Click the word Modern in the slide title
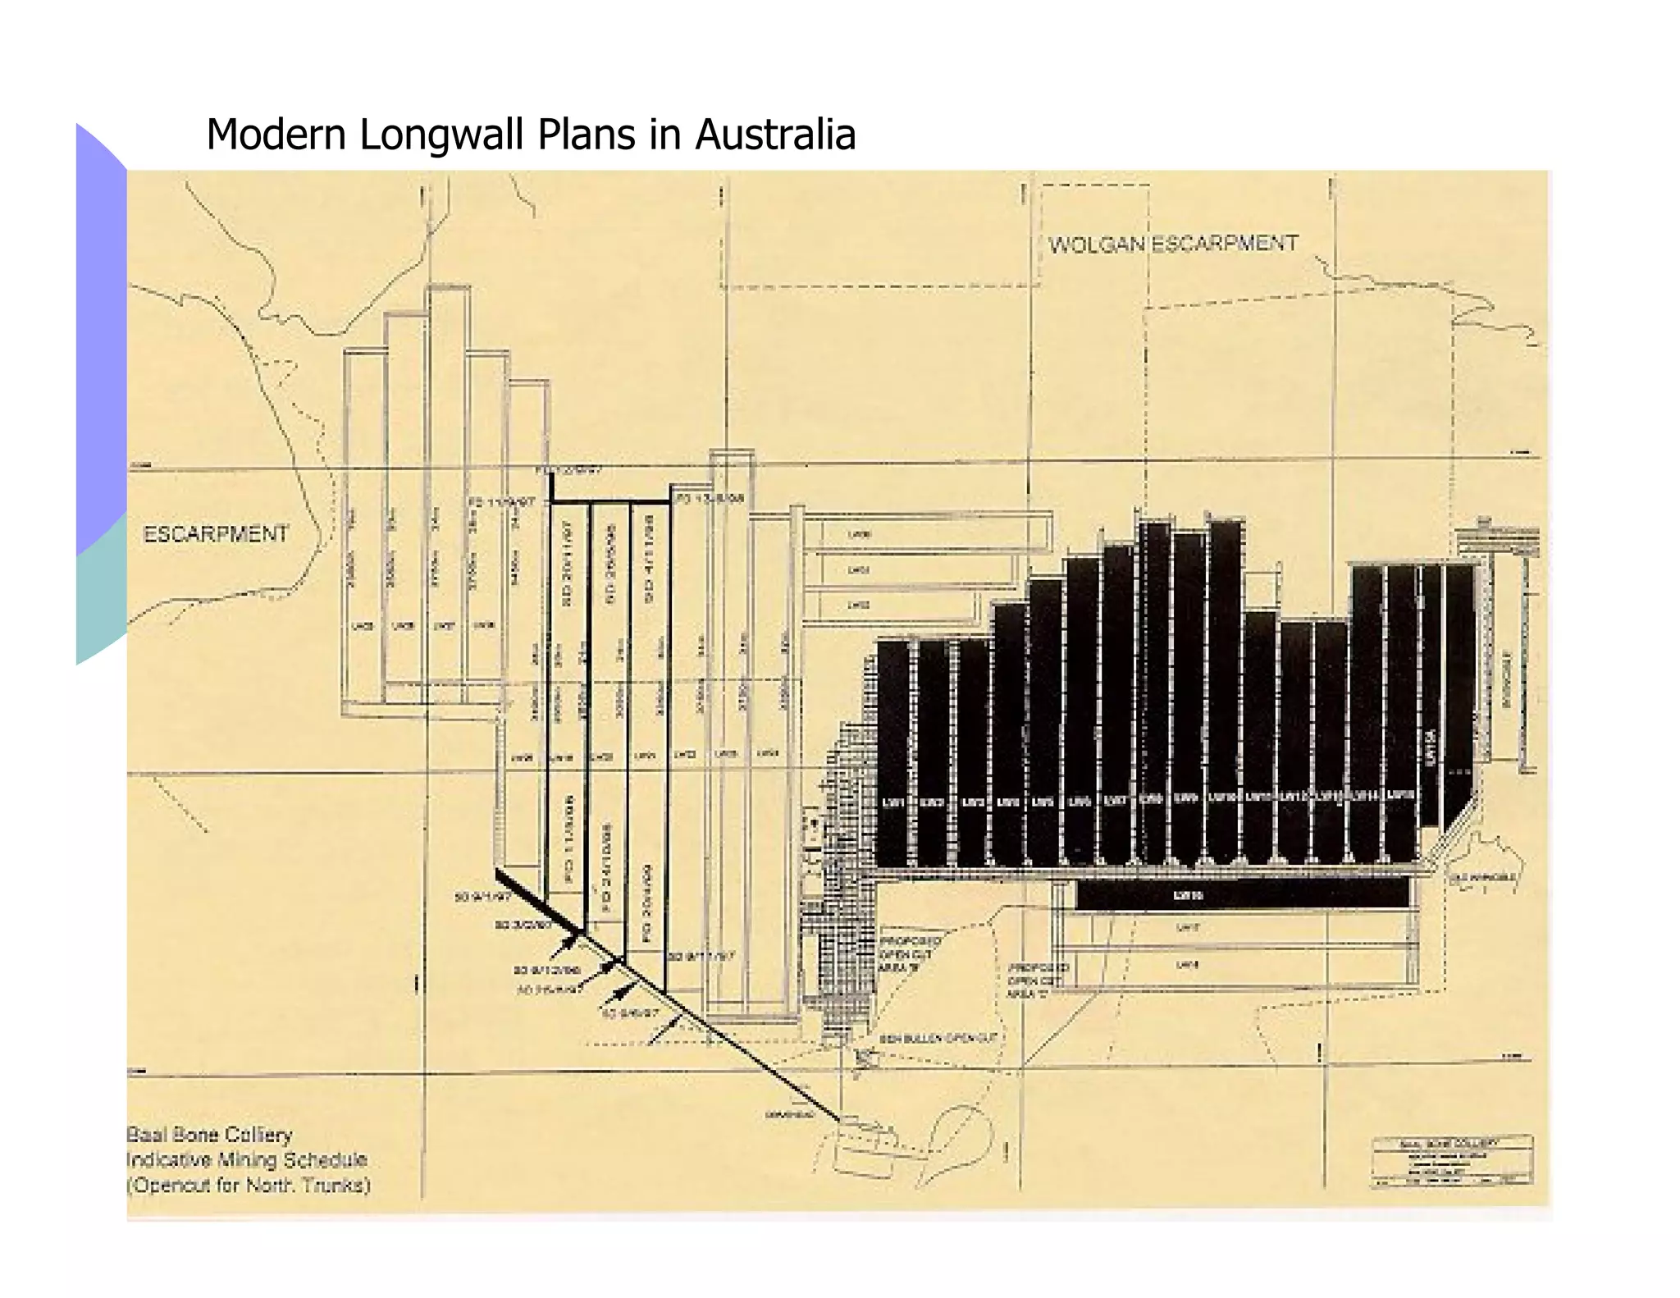tap(277, 135)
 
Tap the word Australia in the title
tap(775, 135)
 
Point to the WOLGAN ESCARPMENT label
tap(1173, 244)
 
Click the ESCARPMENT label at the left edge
tap(216, 534)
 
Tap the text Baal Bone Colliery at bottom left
tap(210, 1135)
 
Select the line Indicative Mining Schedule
tap(247, 1159)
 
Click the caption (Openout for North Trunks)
tap(249, 1185)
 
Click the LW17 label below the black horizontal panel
tap(1188, 928)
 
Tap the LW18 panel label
tap(1187, 965)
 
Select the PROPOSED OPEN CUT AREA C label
tap(1037, 980)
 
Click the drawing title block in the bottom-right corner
tap(1451, 1160)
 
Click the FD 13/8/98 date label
tap(710, 499)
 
